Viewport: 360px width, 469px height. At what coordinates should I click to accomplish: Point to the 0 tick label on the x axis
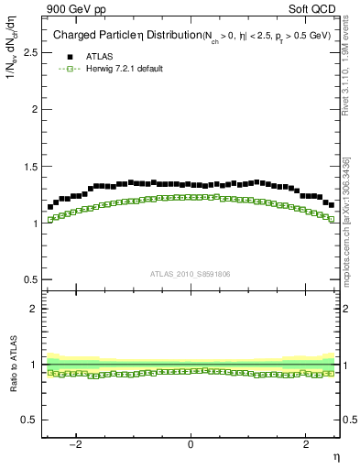pos(191,444)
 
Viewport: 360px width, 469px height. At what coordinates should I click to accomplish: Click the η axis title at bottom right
pos(335,456)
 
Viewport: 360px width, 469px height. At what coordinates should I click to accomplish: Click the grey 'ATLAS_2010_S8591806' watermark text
pos(191,273)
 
